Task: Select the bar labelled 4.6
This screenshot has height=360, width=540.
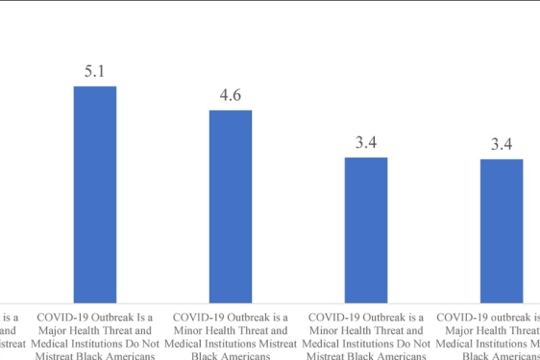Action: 231,205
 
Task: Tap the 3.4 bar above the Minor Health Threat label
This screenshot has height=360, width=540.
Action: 366,229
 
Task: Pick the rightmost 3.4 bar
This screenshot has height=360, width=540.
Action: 502,230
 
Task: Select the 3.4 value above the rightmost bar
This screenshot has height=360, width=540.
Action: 502,144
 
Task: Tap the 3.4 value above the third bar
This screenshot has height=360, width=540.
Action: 366,143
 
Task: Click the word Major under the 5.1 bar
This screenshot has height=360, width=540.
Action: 54,330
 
